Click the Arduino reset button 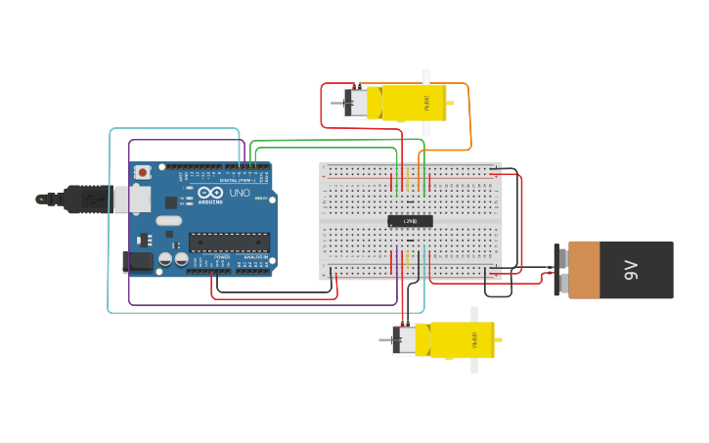coord(143,172)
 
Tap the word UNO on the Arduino coord(240,193)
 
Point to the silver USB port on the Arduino coord(136,199)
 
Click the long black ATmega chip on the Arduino coord(229,242)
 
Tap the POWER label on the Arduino coord(221,257)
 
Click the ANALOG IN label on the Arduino coord(254,257)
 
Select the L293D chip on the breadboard coord(410,221)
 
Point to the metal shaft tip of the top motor coord(334,103)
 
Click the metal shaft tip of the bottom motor coord(383,341)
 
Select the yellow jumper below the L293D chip coord(407,261)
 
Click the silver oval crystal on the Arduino coord(168,221)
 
